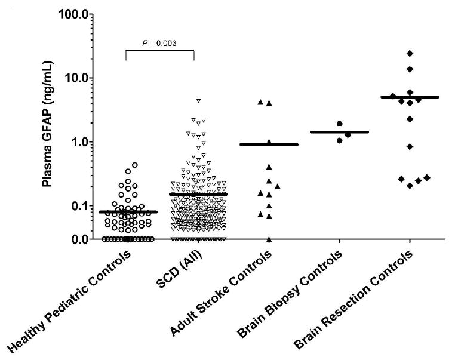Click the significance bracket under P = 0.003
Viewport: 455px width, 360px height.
point(160,51)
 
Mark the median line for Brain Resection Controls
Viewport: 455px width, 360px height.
point(410,97)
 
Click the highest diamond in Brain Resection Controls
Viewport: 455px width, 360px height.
point(410,54)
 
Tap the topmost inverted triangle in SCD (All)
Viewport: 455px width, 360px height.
point(198,101)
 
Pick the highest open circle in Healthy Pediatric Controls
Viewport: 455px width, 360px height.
point(135,165)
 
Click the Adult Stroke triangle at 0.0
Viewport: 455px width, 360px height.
point(269,239)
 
